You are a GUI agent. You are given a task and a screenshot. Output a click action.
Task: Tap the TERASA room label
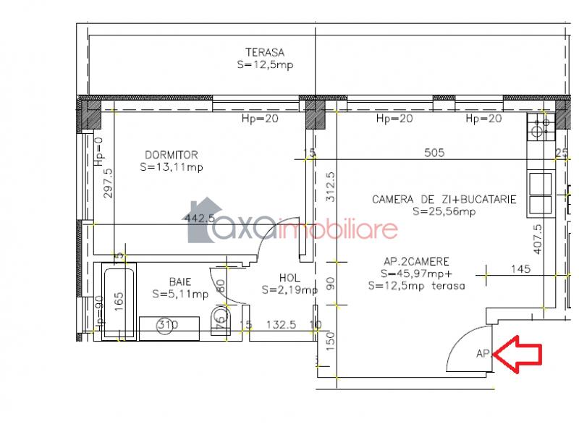(x=265, y=52)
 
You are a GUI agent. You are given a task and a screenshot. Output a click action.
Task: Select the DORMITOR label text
(x=172, y=155)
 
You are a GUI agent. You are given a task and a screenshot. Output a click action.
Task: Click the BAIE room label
(x=180, y=282)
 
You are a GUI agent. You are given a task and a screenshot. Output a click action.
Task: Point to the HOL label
(x=290, y=278)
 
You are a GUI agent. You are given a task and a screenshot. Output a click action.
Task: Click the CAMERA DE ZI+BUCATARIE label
(x=444, y=199)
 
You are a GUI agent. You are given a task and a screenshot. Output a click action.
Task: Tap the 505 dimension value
(x=435, y=153)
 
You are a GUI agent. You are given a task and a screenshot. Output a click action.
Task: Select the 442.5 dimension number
(x=200, y=218)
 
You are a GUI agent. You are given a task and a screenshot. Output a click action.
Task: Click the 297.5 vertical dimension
(x=108, y=183)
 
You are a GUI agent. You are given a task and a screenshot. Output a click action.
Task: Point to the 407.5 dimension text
(x=538, y=239)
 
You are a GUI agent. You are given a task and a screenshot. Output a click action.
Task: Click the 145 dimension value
(x=520, y=268)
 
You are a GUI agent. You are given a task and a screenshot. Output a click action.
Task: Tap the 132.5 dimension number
(x=282, y=324)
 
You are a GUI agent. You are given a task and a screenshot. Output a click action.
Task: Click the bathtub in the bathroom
(x=119, y=302)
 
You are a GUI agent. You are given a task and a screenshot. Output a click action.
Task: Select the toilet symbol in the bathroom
(x=221, y=320)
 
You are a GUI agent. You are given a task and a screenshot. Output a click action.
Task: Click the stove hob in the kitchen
(x=541, y=127)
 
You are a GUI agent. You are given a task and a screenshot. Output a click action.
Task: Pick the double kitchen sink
(x=541, y=194)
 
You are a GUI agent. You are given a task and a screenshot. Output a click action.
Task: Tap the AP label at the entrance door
(x=483, y=354)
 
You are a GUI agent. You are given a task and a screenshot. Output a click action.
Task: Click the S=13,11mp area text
(x=172, y=167)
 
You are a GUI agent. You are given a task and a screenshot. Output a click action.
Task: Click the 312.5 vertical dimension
(x=331, y=187)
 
